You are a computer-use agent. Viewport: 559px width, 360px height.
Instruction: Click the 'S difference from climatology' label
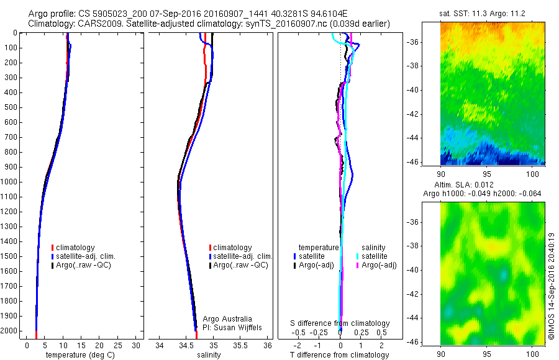pos(340,323)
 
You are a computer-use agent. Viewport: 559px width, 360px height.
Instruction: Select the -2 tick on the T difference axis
pos(297,344)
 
